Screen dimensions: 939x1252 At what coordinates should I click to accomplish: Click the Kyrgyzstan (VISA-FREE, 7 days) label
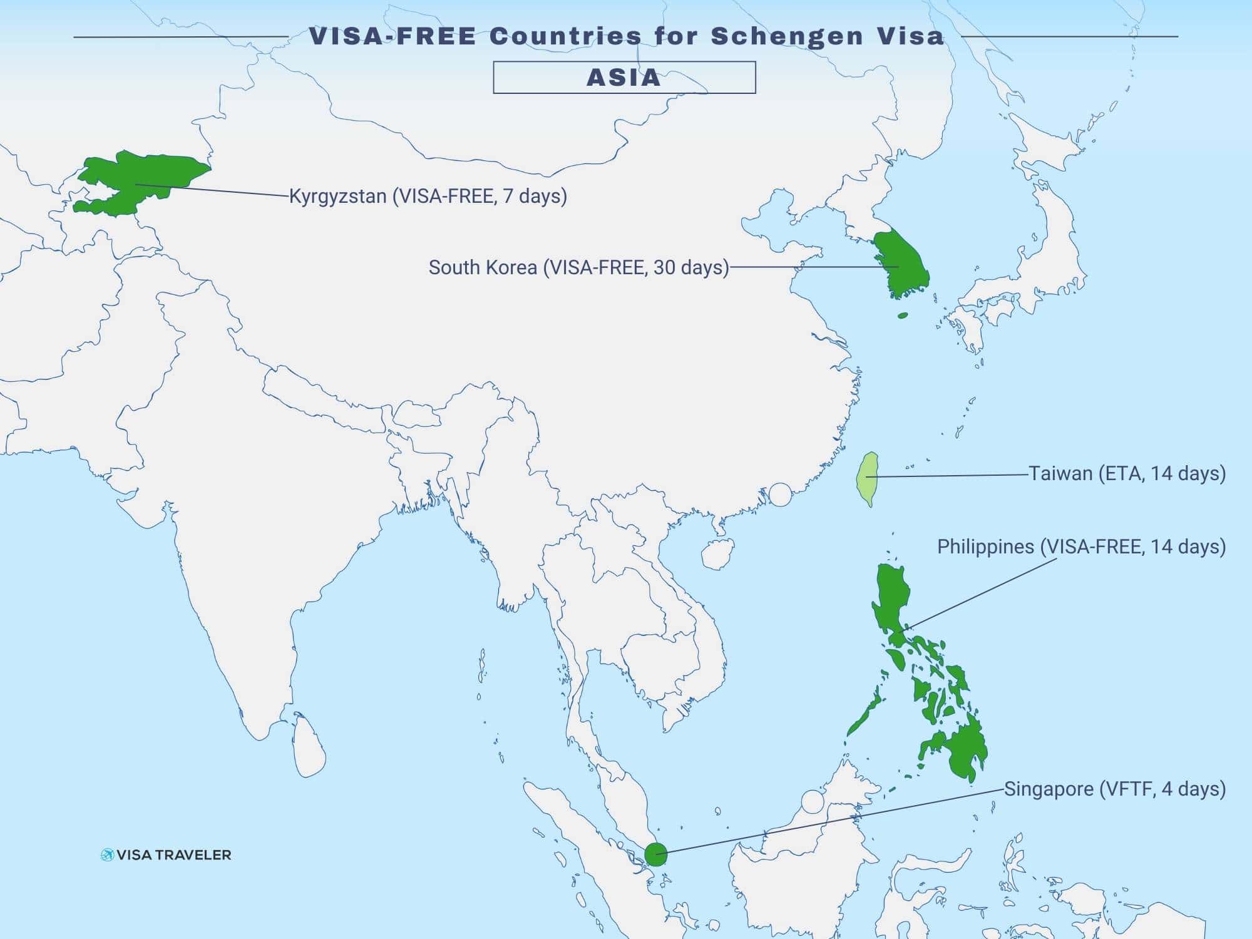[x=428, y=196]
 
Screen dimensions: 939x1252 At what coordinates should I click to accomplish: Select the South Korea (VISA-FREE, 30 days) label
[x=578, y=267]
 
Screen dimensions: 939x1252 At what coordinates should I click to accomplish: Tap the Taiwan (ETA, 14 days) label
[x=1127, y=473]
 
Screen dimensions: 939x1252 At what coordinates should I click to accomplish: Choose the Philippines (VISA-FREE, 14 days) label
[x=1081, y=546]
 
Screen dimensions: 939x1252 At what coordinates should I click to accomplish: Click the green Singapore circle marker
[x=655, y=854]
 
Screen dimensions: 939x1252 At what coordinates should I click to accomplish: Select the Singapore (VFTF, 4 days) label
[x=1114, y=789]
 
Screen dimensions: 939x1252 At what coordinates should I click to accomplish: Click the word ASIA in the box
[x=623, y=78]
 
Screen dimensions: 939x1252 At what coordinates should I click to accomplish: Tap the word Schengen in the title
[x=787, y=36]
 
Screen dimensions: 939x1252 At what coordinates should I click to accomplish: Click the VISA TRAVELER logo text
[x=173, y=855]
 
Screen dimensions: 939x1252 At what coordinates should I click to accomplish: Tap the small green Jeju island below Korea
[x=903, y=316]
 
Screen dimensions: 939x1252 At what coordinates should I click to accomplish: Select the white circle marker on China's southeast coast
[x=780, y=495]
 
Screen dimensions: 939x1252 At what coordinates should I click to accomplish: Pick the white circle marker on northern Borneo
[x=812, y=802]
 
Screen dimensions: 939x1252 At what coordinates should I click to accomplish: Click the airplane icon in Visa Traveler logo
[x=107, y=855]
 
